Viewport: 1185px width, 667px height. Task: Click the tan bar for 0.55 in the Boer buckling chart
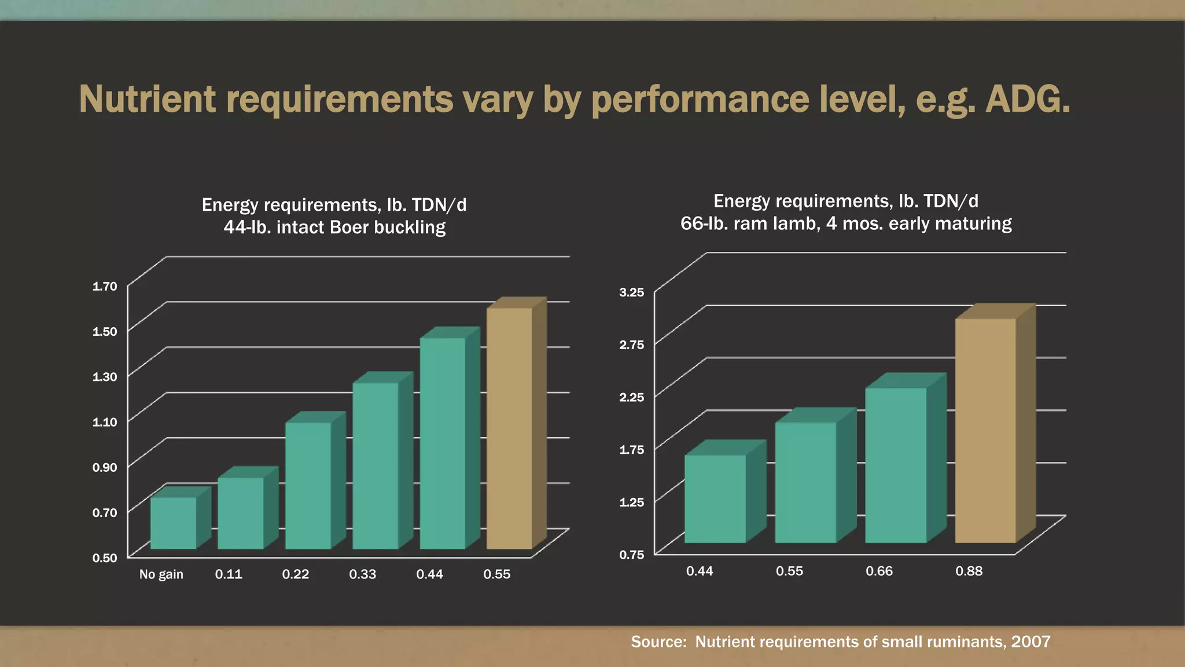click(509, 428)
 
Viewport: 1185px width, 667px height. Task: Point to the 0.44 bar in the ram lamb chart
click(715, 499)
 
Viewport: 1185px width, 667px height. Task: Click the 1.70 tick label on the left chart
click(105, 286)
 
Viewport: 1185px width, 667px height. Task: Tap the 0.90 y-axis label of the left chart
click(105, 467)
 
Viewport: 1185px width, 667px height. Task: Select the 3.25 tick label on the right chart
click(631, 292)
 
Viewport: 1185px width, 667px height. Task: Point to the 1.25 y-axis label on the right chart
click(631, 502)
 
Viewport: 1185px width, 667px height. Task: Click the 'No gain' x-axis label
click(161, 574)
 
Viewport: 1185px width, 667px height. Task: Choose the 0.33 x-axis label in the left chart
click(362, 574)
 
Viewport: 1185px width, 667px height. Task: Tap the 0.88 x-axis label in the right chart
click(969, 571)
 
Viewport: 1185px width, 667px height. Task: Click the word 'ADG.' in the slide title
click(1027, 100)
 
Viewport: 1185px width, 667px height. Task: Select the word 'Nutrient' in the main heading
click(148, 100)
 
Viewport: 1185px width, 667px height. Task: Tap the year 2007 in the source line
click(1031, 642)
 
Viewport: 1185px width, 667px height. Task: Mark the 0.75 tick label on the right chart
click(631, 555)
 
